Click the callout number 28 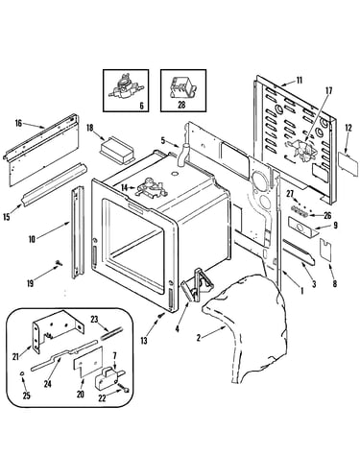(181, 105)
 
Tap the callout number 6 (142, 106)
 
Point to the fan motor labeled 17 (301, 150)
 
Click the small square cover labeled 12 (348, 163)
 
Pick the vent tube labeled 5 (183, 156)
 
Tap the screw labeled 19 (59, 263)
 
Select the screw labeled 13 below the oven (161, 316)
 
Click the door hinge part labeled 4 (194, 284)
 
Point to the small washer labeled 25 (22, 373)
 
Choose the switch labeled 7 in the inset (108, 376)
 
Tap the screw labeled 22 (125, 390)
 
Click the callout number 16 (18, 123)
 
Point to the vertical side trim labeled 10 (77, 232)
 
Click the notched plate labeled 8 (325, 251)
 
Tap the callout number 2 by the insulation (199, 337)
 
